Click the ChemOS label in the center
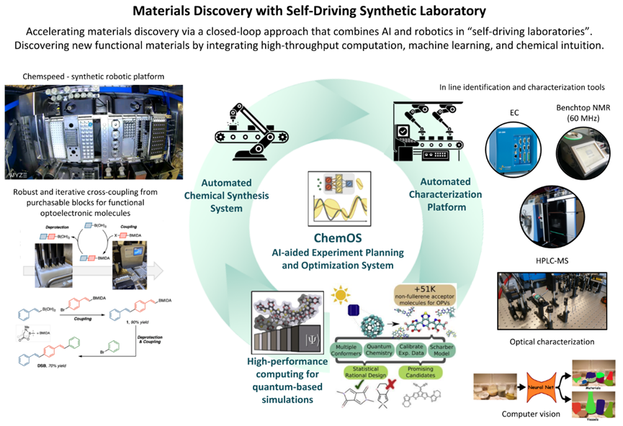click(x=312, y=238)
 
